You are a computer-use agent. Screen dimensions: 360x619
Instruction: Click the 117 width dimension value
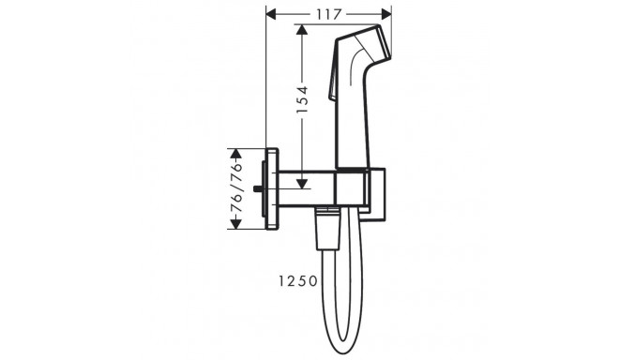tap(328, 13)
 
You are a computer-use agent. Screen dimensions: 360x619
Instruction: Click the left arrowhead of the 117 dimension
tap(273, 13)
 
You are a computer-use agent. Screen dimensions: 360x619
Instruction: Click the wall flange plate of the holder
tap(273, 188)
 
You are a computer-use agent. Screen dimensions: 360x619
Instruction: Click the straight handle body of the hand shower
tap(355, 122)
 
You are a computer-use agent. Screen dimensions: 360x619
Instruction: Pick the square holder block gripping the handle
tap(353, 187)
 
